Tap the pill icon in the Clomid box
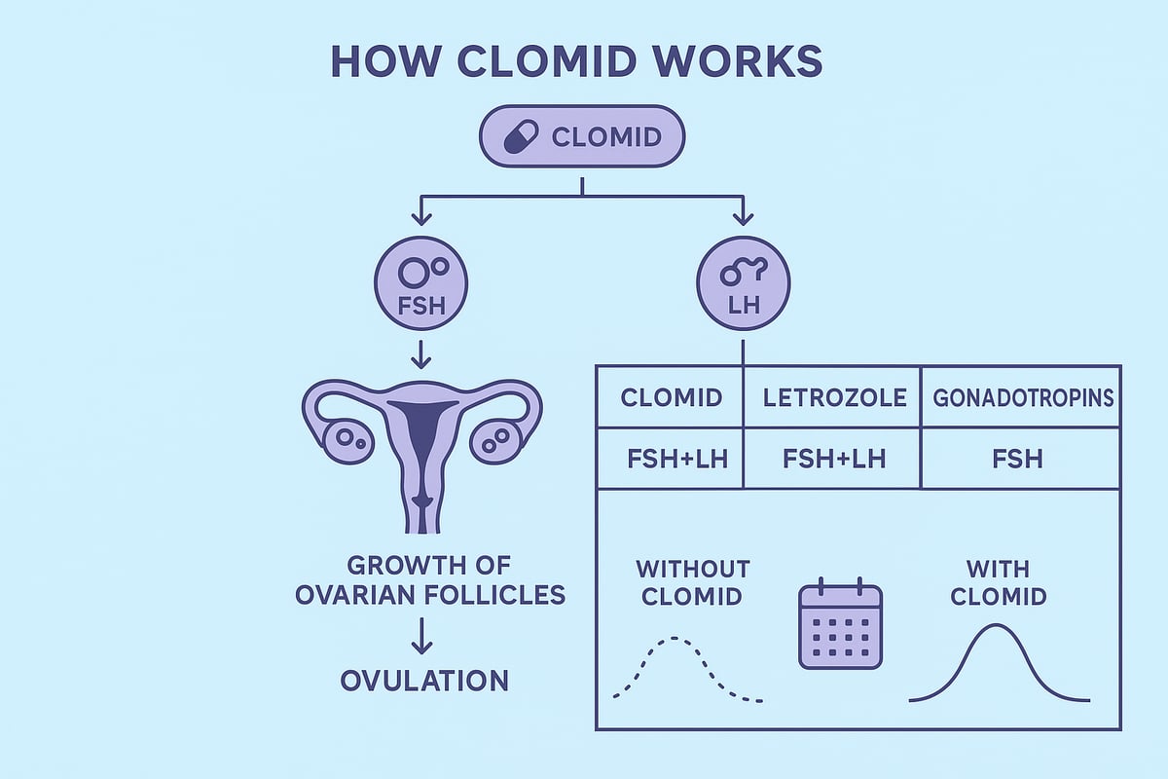click(x=521, y=136)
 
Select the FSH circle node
click(x=420, y=282)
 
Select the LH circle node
click(x=744, y=282)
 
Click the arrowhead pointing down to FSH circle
click(x=420, y=217)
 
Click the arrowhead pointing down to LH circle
click(x=744, y=217)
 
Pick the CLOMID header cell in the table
click(x=671, y=397)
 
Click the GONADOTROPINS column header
click(x=1021, y=397)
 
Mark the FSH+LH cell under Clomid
click(x=671, y=458)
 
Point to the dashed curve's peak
click(x=674, y=639)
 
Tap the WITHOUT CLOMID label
click(x=692, y=581)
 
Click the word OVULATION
click(x=424, y=681)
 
